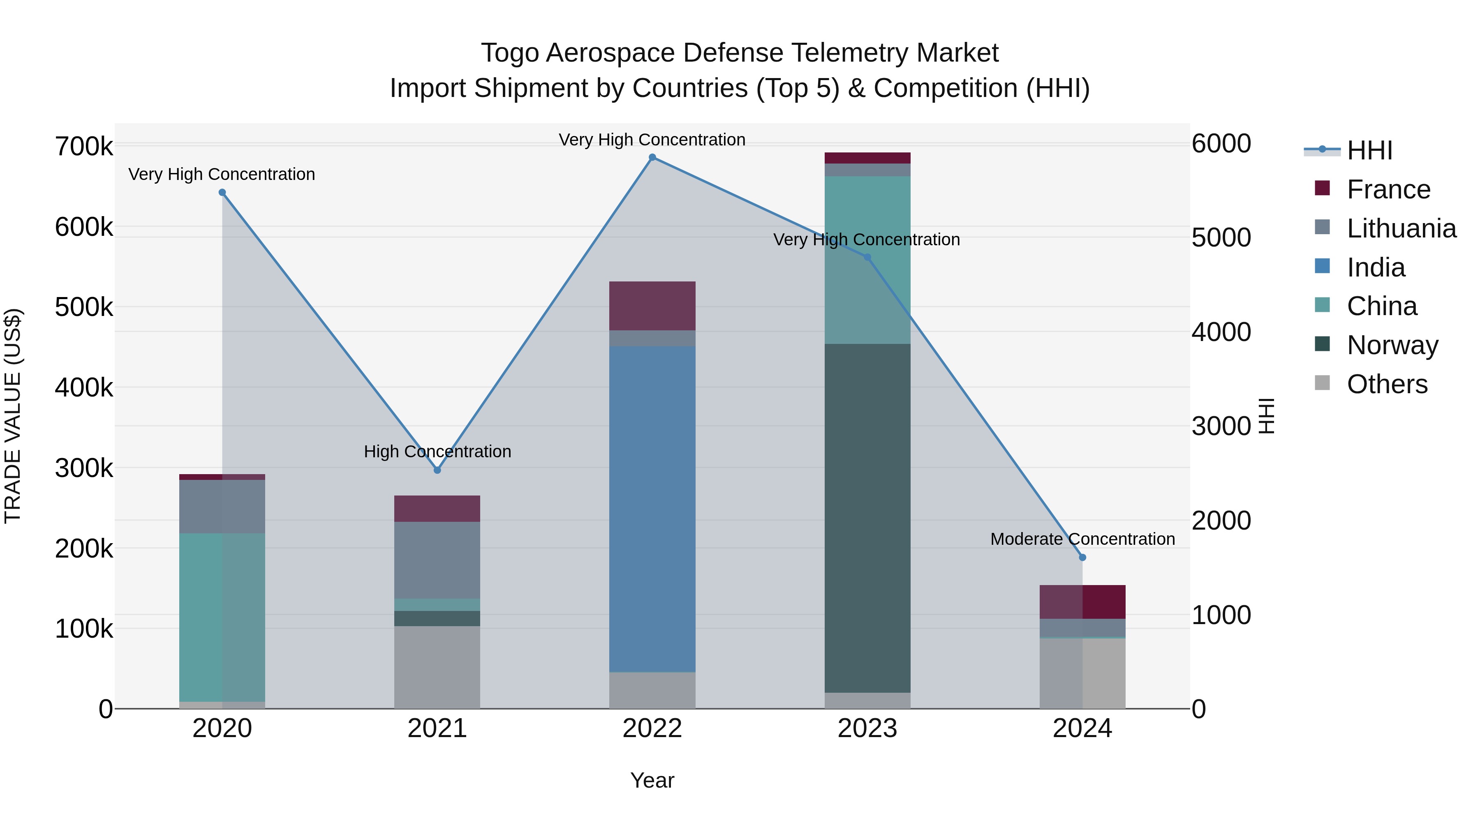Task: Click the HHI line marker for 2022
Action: tap(652, 157)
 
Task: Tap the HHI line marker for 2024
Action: tap(1082, 558)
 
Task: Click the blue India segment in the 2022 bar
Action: tap(652, 508)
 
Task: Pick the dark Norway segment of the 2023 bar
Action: tap(867, 517)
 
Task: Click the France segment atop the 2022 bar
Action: tap(652, 305)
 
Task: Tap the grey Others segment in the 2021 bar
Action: tap(437, 667)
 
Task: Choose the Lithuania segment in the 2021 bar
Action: tap(437, 560)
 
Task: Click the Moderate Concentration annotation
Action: tap(1082, 539)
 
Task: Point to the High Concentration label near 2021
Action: tap(437, 452)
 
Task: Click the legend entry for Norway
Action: tap(1392, 345)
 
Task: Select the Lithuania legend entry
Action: tap(1401, 228)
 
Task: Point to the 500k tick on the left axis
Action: tap(84, 307)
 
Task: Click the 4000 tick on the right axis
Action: tap(1221, 332)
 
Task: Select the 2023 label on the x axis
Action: tap(867, 728)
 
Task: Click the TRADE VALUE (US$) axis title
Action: tap(13, 416)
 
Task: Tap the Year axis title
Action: tap(652, 780)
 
